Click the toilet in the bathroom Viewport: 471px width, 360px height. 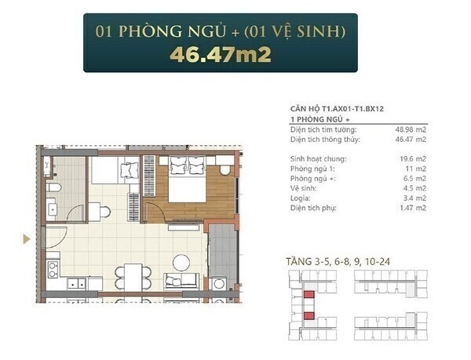pos(53,187)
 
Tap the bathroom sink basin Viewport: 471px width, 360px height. pos(53,209)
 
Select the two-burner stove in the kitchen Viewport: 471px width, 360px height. pos(53,269)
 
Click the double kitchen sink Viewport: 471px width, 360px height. pos(77,283)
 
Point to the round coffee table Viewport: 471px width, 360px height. pos(181,264)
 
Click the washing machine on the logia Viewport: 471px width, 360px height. pos(219,283)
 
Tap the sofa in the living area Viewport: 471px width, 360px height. pos(181,281)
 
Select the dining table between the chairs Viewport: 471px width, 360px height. pos(133,277)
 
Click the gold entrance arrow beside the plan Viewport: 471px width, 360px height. pos(27,238)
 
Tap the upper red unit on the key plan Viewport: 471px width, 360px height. pos(309,294)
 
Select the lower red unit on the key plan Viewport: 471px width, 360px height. pos(309,315)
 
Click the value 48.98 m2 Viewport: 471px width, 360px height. pos(411,129)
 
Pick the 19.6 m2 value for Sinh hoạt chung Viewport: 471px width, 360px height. pos(413,158)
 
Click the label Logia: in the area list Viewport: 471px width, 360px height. pos(301,198)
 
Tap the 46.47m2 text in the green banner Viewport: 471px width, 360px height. pos(221,54)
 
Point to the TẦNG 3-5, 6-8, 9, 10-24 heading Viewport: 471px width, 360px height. pos(338,262)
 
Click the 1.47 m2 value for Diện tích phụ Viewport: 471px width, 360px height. pos(413,208)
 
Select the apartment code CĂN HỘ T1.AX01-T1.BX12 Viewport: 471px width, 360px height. pos(337,108)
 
